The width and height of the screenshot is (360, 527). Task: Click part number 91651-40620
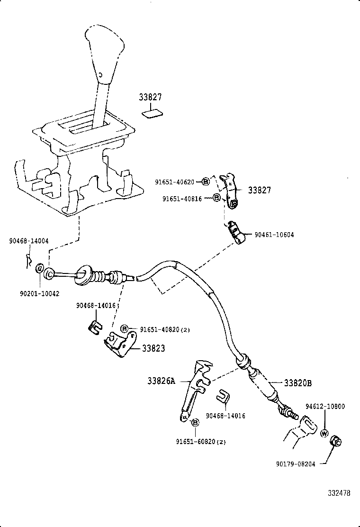click(x=174, y=182)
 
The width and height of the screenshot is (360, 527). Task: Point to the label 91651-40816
click(x=182, y=199)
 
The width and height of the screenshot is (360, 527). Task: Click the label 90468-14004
click(x=28, y=241)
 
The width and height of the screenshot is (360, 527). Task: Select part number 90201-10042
click(x=40, y=294)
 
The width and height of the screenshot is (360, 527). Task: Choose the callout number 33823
click(x=153, y=348)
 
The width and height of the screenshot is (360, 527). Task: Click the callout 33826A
click(x=162, y=380)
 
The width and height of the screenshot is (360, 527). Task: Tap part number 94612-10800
click(x=325, y=407)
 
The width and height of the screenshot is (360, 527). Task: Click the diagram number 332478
click(x=339, y=493)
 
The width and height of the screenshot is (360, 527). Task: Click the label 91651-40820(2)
click(x=164, y=329)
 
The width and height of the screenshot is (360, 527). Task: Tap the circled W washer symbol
click(x=324, y=433)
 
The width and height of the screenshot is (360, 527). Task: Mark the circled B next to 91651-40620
click(x=206, y=182)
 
